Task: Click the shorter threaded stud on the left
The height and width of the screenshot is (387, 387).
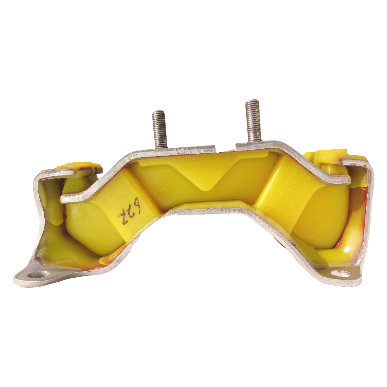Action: [159, 129]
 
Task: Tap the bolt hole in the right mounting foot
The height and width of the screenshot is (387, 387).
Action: [340, 274]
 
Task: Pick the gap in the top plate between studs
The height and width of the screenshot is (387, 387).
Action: [225, 147]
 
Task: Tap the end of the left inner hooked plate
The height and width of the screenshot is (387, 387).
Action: [63, 199]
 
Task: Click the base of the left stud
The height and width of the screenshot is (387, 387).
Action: [161, 145]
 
